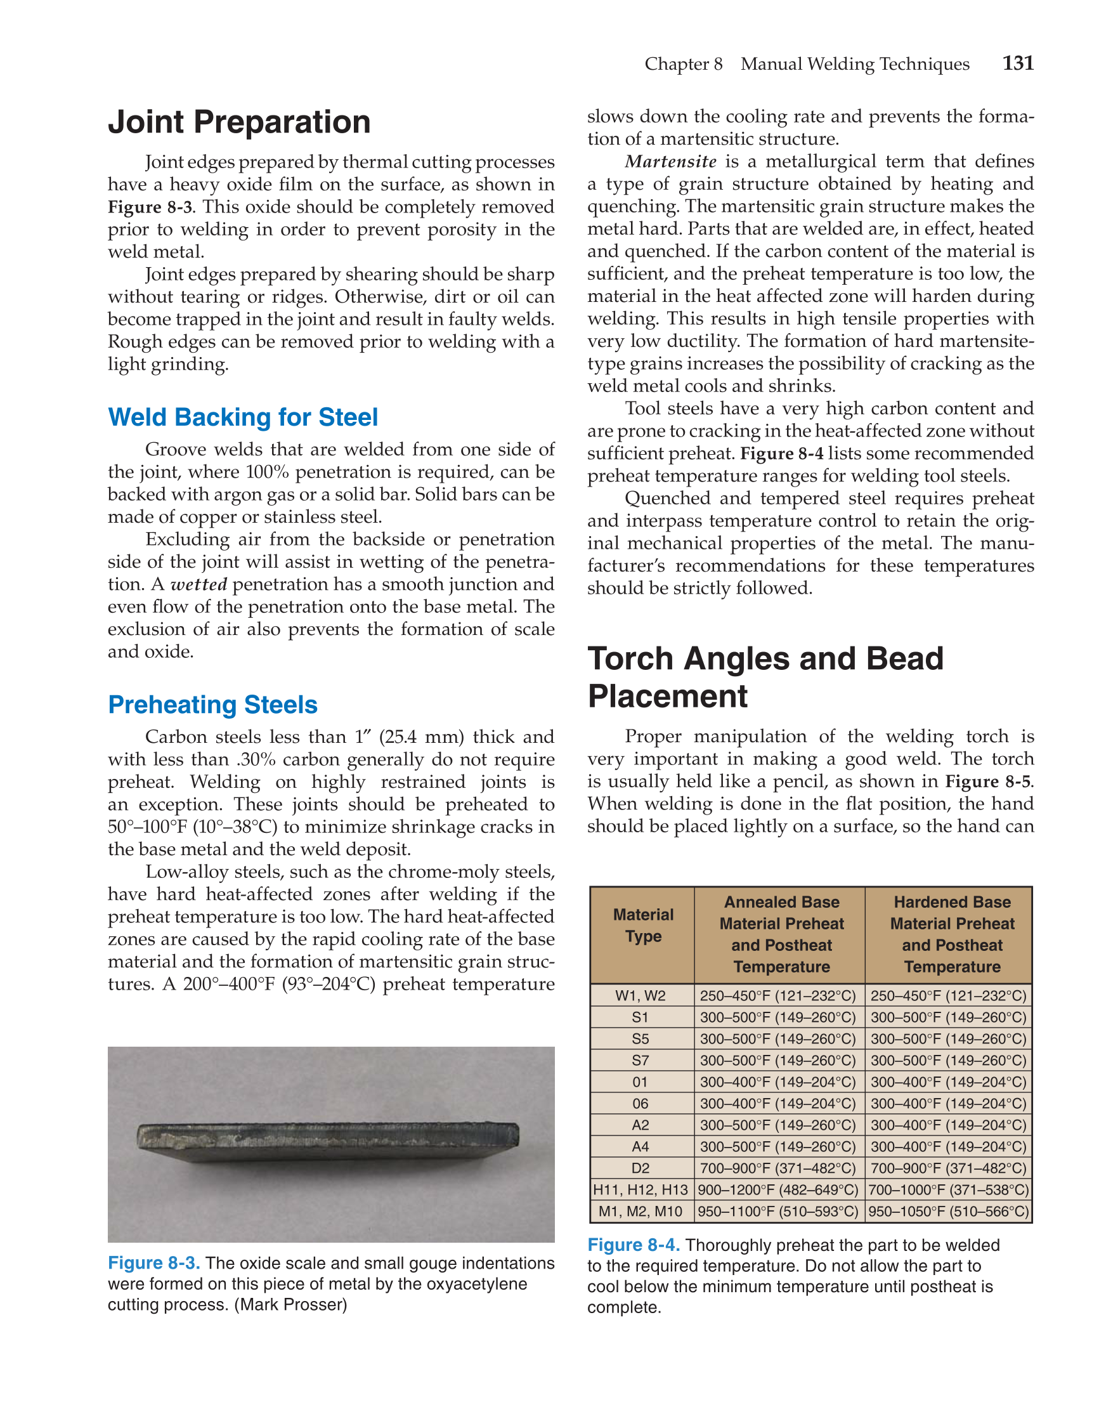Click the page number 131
[1017, 63]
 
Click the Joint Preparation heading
[239, 122]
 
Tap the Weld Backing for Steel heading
[243, 417]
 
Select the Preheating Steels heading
[212, 705]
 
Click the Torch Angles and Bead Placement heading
[765, 677]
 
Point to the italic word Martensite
[670, 162]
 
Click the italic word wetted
[198, 585]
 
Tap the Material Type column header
[642, 925]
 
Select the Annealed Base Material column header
[781, 934]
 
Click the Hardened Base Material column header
[951, 934]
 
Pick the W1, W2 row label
[641, 996]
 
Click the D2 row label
[641, 1168]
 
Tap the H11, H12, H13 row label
[641, 1190]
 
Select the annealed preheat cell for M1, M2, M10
[778, 1212]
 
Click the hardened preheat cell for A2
[948, 1125]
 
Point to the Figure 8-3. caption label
[154, 1264]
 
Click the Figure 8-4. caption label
[634, 1245]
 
